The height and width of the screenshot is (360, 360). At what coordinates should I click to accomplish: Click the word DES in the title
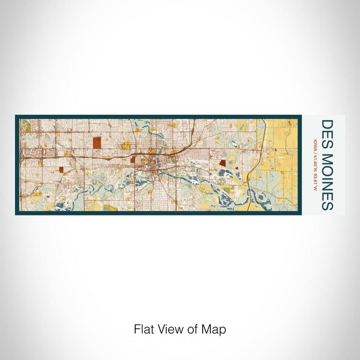tap(327, 133)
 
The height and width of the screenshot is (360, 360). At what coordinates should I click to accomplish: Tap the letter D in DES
tap(327, 125)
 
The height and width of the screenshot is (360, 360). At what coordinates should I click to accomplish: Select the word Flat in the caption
tap(144, 329)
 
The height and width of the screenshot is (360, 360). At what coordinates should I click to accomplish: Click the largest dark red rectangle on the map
tap(97, 142)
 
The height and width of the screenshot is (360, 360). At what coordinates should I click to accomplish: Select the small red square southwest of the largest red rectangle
tap(60, 169)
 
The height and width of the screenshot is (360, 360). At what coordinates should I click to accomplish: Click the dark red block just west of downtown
tap(132, 159)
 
